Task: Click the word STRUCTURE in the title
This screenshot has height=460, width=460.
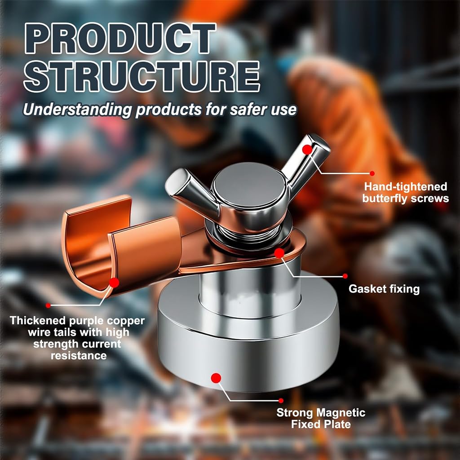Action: pyautogui.click(x=142, y=76)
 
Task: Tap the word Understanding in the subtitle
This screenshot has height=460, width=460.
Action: pyautogui.click(x=77, y=110)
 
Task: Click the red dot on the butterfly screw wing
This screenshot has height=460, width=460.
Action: pyautogui.click(x=307, y=150)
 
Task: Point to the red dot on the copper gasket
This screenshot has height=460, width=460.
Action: pyautogui.click(x=279, y=253)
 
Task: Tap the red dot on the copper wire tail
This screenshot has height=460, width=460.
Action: pyautogui.click(x=114, y=283)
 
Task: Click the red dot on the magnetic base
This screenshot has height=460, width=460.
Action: pyautogui.click(x=216, y=378)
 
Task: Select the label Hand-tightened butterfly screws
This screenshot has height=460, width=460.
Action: pyautogui.click(x=406, y=192)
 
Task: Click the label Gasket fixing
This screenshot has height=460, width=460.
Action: pyautogui.click(x=384, y=289)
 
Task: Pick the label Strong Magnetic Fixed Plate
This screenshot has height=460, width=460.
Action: pyautogui.click(x=321, y=418)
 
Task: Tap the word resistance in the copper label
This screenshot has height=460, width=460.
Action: pyautogui.click(x=79, y=356)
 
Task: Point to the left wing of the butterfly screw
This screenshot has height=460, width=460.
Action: pyautogui.click(x=192, y=190)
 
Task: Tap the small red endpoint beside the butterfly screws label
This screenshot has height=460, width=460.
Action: pyautogui.click(x=372, y=173)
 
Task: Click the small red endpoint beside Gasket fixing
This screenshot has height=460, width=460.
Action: pyautogui.click(x=345, y=276)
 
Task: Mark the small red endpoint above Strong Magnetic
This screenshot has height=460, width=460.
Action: pyautogui.click(x=281, y=400)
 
